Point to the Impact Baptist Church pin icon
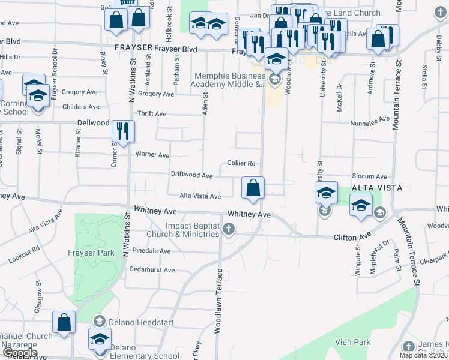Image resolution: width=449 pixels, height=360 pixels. (229, 229)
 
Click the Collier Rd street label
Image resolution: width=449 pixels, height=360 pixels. (241, 163)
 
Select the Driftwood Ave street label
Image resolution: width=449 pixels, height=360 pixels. (192, 176)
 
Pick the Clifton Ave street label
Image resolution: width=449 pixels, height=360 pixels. (352, 238)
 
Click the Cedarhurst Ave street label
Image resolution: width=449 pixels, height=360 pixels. (152, 270)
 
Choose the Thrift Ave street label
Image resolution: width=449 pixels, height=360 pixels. (152, 113)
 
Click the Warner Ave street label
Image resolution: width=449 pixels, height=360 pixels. (152, 154)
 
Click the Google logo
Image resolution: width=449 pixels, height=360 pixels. (20, 353)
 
